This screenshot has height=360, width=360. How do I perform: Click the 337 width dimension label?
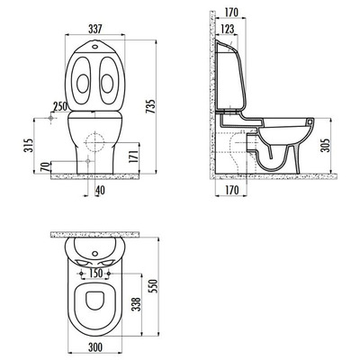[95, 29]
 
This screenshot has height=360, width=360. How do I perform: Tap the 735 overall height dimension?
[151, 106]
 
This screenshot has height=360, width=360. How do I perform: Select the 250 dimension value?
[60, 106]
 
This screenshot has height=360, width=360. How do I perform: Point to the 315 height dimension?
[29, 146]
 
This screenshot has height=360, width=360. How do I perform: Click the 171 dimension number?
[134, 157]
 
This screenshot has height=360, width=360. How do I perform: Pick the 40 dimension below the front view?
[101, 190]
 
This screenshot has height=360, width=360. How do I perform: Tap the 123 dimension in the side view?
[227, 29]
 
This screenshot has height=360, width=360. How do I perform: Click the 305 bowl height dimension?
[325, 145]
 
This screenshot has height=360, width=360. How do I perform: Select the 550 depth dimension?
[152, 286]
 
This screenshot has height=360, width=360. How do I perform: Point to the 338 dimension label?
[136, 304]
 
